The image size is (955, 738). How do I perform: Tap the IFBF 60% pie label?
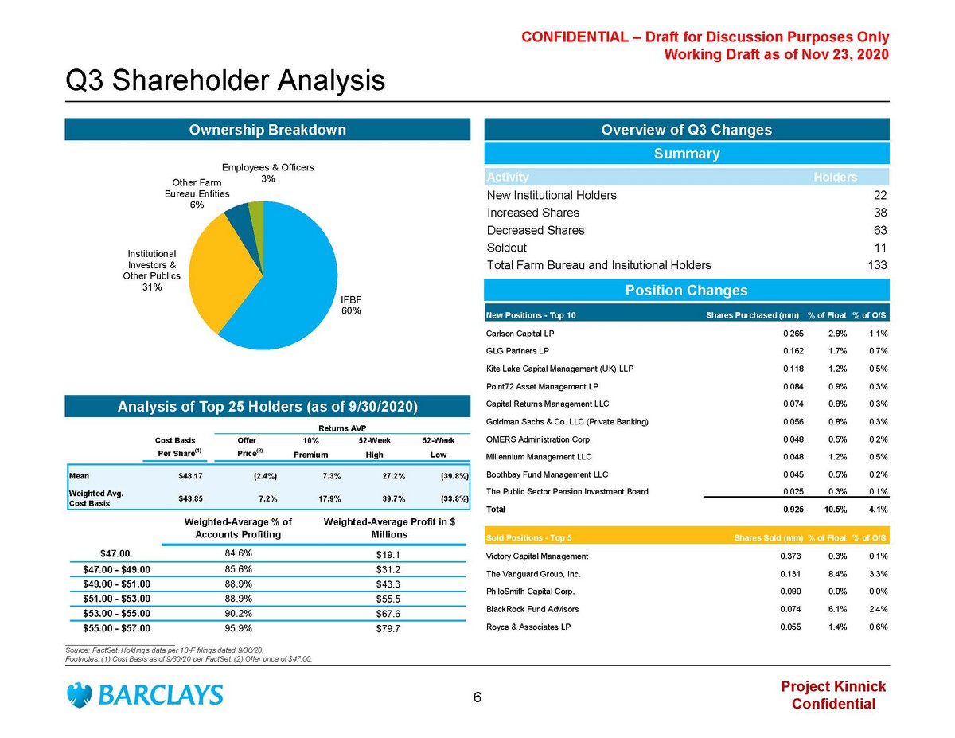(351, 304)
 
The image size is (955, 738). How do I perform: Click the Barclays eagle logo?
(79, 694)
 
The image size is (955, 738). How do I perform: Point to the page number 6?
(477, 698)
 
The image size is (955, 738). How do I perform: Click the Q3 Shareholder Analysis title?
(225, 80)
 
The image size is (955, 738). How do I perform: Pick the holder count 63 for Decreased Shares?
(879, 230)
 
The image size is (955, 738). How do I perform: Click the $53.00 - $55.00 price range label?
(116, 614)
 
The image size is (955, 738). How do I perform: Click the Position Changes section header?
(686, 291)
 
